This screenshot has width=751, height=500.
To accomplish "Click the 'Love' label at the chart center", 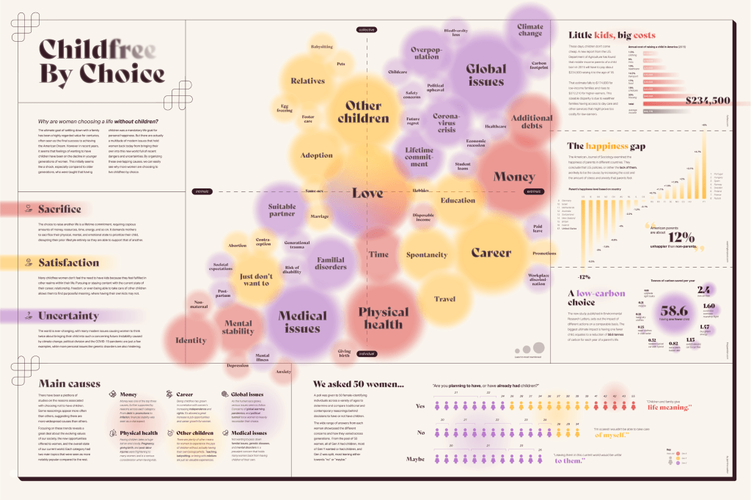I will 367,194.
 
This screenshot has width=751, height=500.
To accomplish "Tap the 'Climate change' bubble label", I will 530,29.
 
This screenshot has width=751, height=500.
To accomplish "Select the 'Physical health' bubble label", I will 383,317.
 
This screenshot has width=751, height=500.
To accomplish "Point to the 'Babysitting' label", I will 321,47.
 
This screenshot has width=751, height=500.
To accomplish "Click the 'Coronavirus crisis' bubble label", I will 446,122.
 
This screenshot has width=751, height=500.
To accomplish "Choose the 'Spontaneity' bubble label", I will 427,255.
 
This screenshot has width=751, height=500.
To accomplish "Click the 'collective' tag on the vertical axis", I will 366,29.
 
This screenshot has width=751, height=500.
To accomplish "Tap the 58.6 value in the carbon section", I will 674,311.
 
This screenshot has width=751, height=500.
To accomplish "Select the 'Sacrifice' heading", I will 59,210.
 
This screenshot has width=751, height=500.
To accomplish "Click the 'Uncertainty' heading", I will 67,316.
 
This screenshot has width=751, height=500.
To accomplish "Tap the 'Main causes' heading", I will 69,383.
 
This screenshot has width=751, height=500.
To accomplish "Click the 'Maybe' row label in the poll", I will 417,460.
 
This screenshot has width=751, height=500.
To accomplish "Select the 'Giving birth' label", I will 344,353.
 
